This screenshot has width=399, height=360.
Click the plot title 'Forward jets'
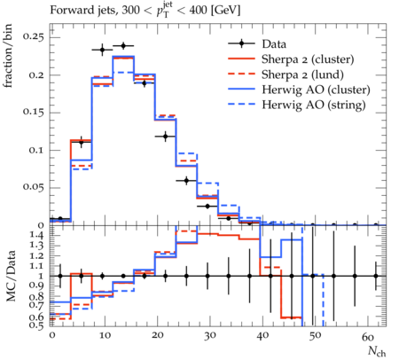(x=83, y=11)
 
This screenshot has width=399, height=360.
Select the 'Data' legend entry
(x=274, y=44)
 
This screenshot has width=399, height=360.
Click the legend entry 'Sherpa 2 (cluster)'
(x=308, y=59)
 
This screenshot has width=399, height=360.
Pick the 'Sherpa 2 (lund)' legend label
(x=302, y=74)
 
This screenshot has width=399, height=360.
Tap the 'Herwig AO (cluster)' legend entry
(x=316, y=90)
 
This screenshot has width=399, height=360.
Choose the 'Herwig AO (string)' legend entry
(x=314, y=105)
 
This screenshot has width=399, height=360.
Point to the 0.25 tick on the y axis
(x=34, y=37)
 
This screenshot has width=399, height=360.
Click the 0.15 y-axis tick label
(x=34, y=113)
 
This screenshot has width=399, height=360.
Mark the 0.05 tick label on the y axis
(x=34, y=188)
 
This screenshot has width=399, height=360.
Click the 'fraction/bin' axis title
(x=8, y=56)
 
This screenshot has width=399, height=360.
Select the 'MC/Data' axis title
(x=11, y=276)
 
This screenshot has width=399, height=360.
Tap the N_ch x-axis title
(x=377, y=351)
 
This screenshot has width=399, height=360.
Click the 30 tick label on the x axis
(x=209, y=336)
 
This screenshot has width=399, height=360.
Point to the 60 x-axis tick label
(x=368, y=336)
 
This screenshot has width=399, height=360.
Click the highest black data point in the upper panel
(x=123, y=46)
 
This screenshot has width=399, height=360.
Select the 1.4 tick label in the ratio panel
(x=37, y=236)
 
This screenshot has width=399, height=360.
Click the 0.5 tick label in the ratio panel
(x=37, y=325)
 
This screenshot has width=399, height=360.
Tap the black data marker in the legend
(x=241, y=43)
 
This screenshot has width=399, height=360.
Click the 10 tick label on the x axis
(x=105, y=336)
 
